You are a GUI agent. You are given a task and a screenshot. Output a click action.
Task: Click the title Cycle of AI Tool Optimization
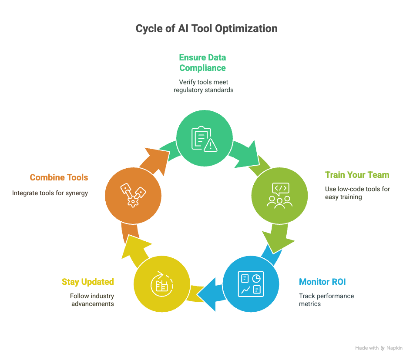click(x=206, y=29)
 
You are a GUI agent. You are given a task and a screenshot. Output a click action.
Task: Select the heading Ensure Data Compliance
click(x=202, y=63)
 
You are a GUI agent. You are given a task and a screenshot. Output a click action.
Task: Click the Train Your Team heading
click(x=357, y=175)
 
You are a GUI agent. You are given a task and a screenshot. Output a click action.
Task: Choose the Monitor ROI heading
click(x=322, y=282)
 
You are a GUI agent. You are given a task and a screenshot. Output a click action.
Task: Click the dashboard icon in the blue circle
click(x=251, y=284)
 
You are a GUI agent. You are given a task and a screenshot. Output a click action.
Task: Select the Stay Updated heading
click(x=88, y=282)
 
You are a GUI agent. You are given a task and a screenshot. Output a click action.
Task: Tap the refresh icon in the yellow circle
click(x=162, y=284)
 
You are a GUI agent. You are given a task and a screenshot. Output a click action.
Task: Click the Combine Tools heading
click(x=59, y=177)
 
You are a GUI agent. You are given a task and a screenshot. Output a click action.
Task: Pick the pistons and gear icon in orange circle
click(x=133, y=195)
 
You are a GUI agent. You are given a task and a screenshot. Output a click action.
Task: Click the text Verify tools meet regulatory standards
click(x=203, y=86)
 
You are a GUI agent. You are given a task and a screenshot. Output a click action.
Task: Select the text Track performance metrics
click(x=326, y=300)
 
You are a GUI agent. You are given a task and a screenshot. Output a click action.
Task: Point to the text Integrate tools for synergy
click(x=50, y=193)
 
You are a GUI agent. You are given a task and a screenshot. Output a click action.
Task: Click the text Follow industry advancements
click(x=92, y=300)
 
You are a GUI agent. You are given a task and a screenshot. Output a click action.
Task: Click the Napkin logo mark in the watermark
click(x=383, y=348)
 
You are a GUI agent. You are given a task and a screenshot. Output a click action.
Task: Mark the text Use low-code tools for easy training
click(x=357, y=193)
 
